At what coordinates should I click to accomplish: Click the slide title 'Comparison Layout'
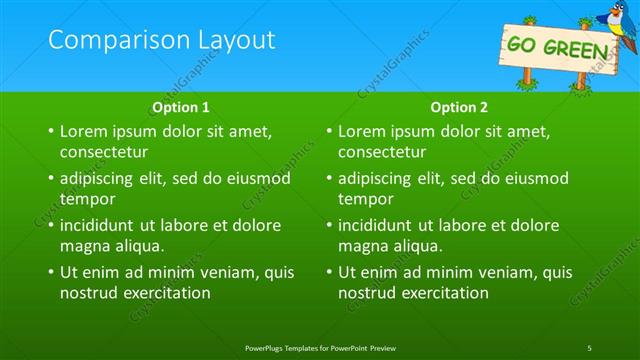pos(161,40)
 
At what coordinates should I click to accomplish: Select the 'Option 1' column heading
pos(181,106)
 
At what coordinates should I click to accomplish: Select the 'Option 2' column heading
pos(460,106)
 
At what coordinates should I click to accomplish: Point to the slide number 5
pos(590,346)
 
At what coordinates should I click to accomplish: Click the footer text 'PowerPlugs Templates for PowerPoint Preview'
pos(320,346)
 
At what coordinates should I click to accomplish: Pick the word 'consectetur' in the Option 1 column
pos(104,153)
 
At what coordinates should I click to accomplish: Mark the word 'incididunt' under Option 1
pos(100,225)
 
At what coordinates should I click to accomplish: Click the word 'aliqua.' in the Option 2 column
pos(418,246)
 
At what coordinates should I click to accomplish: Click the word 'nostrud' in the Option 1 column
pos(89,293)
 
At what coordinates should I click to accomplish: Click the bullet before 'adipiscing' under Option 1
pos(50,179)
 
